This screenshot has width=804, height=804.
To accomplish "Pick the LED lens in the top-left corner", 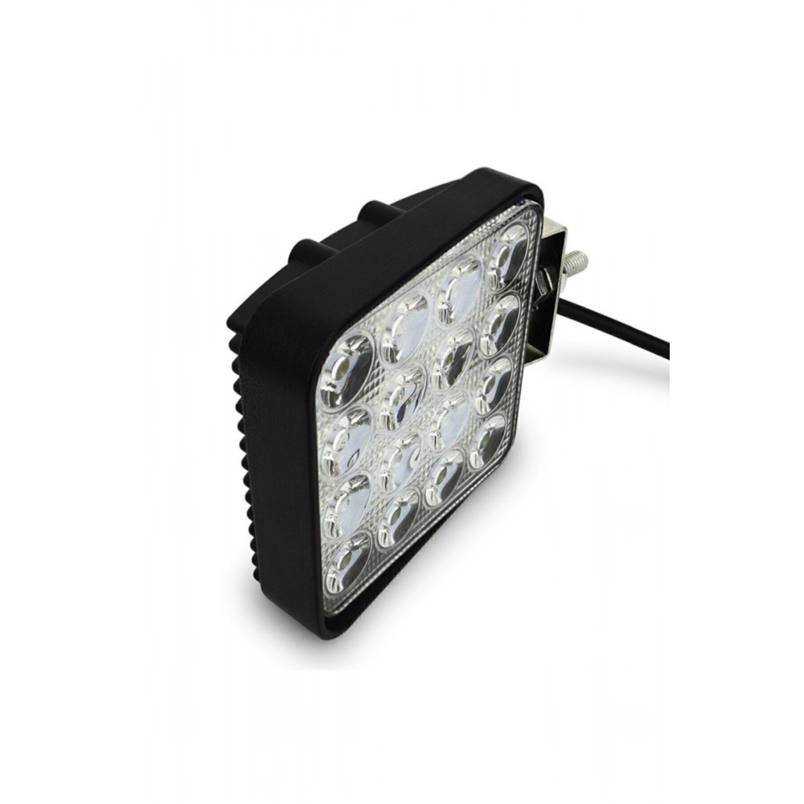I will tap(347, 369).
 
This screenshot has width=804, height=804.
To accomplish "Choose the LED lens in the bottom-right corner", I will tap(488, 441).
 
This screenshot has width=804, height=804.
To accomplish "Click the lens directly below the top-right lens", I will tap(500, 323).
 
